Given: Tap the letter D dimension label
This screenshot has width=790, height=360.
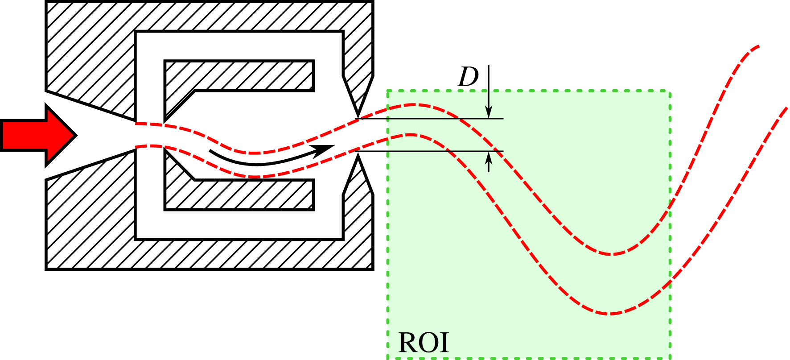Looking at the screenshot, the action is [468, 78].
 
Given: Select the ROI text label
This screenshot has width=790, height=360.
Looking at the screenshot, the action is [423, 343].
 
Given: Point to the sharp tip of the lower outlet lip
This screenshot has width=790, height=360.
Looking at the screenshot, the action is [358, 155].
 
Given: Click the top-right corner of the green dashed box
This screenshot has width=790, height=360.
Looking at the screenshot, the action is [670, 91].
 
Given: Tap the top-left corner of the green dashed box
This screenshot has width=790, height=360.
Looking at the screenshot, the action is [387, 91].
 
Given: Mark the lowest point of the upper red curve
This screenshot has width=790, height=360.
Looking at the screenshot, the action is [612, 254].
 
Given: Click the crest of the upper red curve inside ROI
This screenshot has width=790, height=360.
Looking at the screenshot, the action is [415, 105].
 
